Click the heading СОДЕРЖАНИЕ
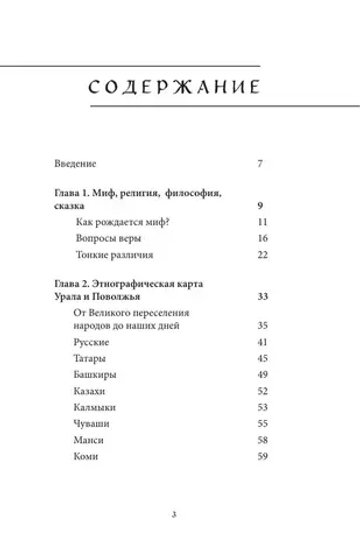180,85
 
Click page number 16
264,238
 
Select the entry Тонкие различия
112,256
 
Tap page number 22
264,256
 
